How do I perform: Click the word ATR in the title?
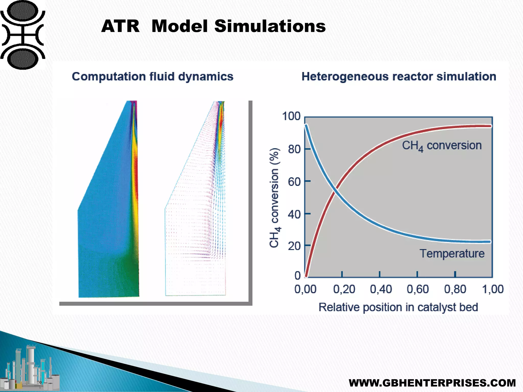click(120, 26)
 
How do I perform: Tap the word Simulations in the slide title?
click(270, 26)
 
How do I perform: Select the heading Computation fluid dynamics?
click(152, 77)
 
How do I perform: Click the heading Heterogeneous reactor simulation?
click(399, 77)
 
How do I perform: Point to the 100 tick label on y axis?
click(291, 116)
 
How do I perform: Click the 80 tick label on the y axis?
click(294, 149)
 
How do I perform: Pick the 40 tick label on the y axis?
click(294, 214)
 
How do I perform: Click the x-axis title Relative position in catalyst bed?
click(398, 307)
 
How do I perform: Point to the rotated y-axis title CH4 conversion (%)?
click(275, 198)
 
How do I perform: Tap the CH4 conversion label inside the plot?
click(442, 146)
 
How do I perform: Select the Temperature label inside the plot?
click(452, 254)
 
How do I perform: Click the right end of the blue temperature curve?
click(490, 241)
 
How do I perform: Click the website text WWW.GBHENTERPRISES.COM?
click(432, 383)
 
